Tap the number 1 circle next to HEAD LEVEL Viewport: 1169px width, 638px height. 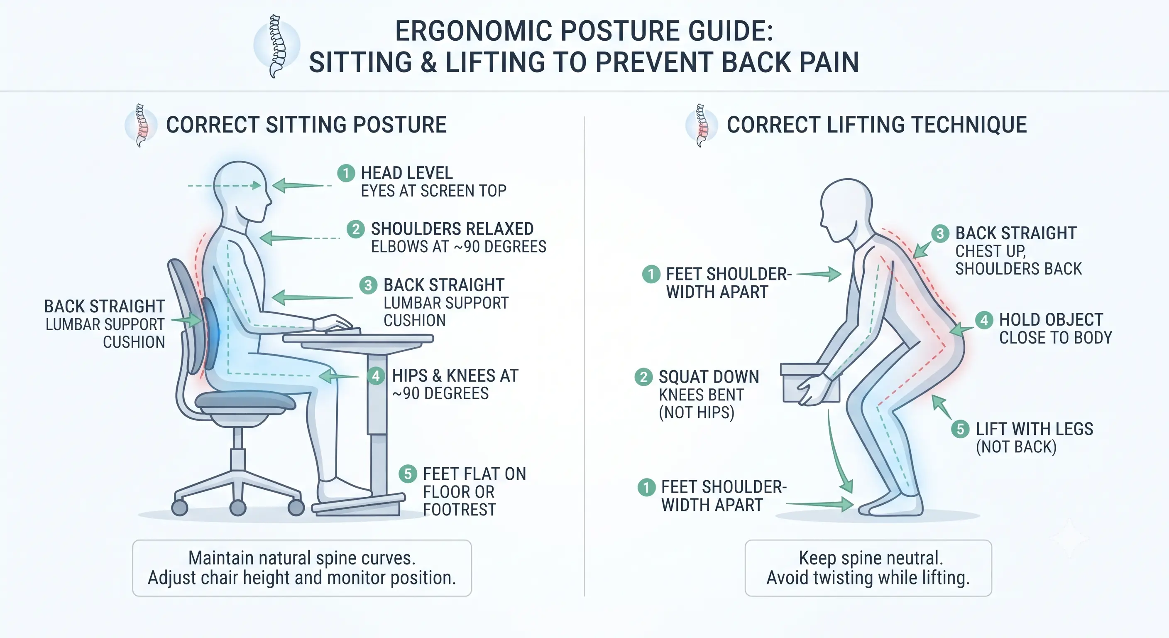346,173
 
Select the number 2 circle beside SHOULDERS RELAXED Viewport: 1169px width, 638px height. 356,229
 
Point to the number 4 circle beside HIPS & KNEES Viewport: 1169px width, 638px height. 376,375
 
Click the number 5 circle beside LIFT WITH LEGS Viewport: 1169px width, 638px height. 960,429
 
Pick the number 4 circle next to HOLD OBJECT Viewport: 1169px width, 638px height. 984,320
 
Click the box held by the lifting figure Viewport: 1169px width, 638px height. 810,383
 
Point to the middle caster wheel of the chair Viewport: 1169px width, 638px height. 238,507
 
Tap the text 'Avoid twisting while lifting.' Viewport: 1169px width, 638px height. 868,578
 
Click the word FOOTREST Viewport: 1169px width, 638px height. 459,510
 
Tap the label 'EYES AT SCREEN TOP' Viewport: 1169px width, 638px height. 433,191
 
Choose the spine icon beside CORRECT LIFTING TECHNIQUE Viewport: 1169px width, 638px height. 702,125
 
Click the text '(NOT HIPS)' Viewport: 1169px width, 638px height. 696,413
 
